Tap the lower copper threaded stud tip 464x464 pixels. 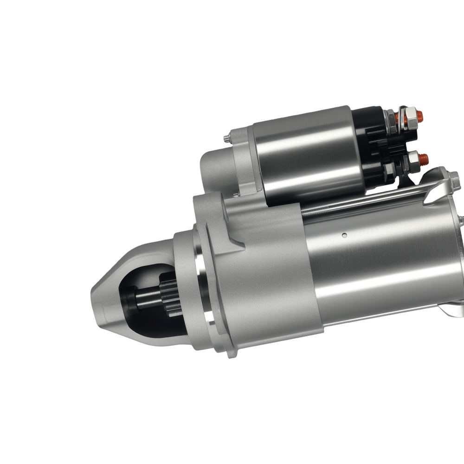click(x=423, y=159)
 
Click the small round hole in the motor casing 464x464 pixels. click(x=344, y=235)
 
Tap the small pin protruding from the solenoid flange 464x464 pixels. click(x=225, y=137)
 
